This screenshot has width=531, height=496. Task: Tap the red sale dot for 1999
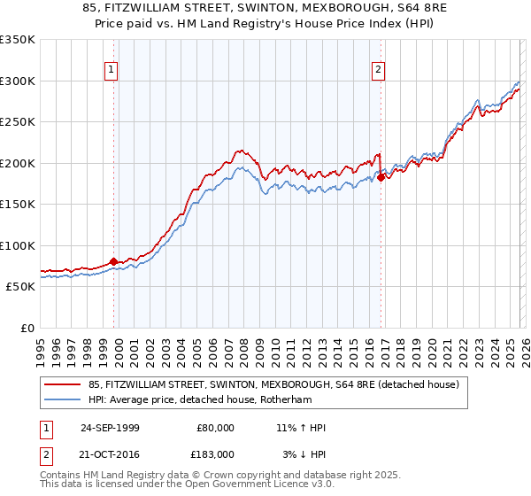(114, 262)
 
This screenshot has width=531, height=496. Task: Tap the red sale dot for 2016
(381, 177)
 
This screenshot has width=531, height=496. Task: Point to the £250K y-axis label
(18, 122)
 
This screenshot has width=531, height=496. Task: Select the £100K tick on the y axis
(18, 245)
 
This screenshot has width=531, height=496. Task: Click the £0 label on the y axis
(27, 328)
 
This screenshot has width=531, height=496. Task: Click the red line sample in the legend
(62, 384)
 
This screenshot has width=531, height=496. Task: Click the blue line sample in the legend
(62, 399)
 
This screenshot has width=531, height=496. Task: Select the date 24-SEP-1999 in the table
(110, 428)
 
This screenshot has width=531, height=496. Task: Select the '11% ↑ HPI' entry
(301, 428)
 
